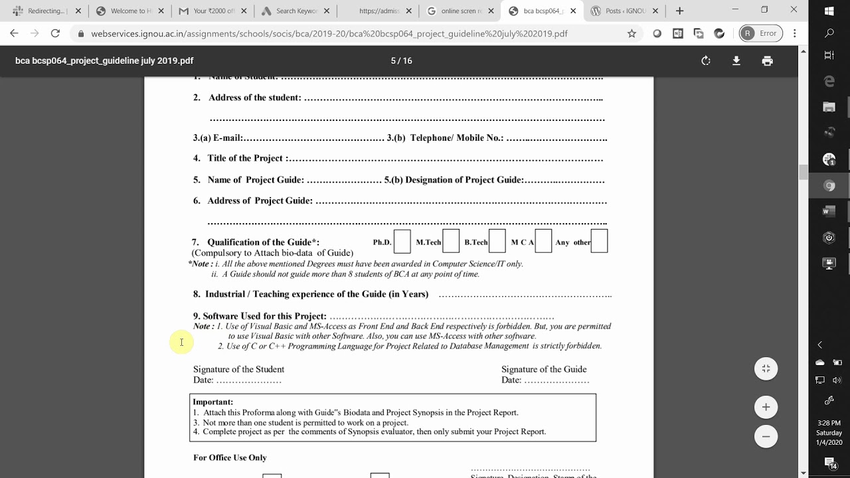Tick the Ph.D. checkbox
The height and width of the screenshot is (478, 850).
(402, 242)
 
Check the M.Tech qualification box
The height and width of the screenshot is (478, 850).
(451, 242)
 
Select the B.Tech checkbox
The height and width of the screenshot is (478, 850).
(497, 242)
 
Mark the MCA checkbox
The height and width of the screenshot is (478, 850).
(543, 242)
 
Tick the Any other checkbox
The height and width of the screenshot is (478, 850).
(599, 242)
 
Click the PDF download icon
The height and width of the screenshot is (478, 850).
(736, 60)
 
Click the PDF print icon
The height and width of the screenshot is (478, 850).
(767, 60)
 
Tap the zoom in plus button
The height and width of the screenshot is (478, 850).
(766, 407)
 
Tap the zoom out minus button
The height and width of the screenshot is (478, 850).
(766, 436)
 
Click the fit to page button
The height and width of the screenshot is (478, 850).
(766, 368)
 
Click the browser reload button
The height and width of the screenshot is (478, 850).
(55, 33)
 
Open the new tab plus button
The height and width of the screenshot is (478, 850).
(679, 11)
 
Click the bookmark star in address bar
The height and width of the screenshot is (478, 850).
(632, 33)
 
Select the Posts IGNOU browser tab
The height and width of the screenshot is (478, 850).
(621, 11)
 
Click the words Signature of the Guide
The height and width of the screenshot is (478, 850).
(543, 369)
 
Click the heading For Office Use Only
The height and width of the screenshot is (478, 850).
(230, 457)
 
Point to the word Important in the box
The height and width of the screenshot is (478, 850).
(212, 402)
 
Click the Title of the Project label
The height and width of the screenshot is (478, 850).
(245, 158)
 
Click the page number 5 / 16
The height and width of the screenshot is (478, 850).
(401, 60)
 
